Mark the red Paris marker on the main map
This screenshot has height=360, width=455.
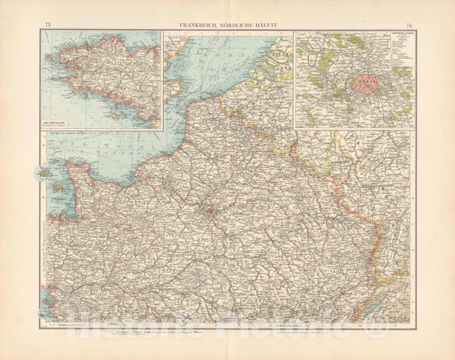click(207, 206)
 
